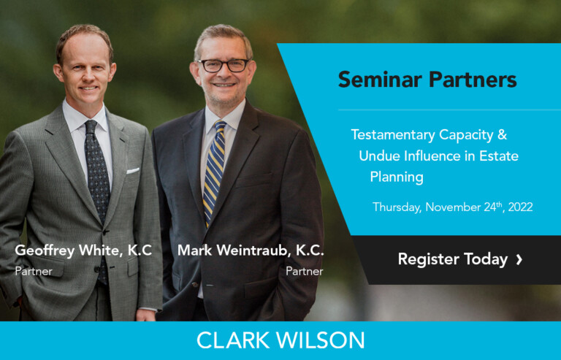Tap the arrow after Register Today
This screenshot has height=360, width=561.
click(x=519, y=259)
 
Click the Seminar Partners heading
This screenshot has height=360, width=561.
click(x=427, y=80)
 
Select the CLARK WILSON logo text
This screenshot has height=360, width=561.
click(x=280, y=340)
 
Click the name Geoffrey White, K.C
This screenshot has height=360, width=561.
click(x=83, y=250)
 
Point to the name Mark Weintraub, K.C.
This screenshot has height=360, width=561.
click(x=251, y=250)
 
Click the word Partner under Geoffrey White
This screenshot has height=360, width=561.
click(x=34, y=272)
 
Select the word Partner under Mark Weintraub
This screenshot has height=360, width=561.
click(x=305, y=272)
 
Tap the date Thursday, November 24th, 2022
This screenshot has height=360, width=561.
click(x=453, y=207)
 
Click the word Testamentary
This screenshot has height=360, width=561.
click(x=392, y=135)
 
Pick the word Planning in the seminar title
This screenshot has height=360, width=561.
click(x=397, y=177)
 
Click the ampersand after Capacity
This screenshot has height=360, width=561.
click(x=503, y=134)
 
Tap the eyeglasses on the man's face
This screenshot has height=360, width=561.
click(x=224, y=66)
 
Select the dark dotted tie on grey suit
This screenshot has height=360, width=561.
click(x=98, y=186)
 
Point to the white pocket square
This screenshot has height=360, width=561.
click(x=133, y=171)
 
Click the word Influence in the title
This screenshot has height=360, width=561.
click(x=432, y=156)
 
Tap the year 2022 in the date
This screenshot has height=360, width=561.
click(x=521, y=207)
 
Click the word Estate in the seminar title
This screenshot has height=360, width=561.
click(x=499, y=156)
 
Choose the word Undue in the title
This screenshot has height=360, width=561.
click(x=379, y=156)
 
